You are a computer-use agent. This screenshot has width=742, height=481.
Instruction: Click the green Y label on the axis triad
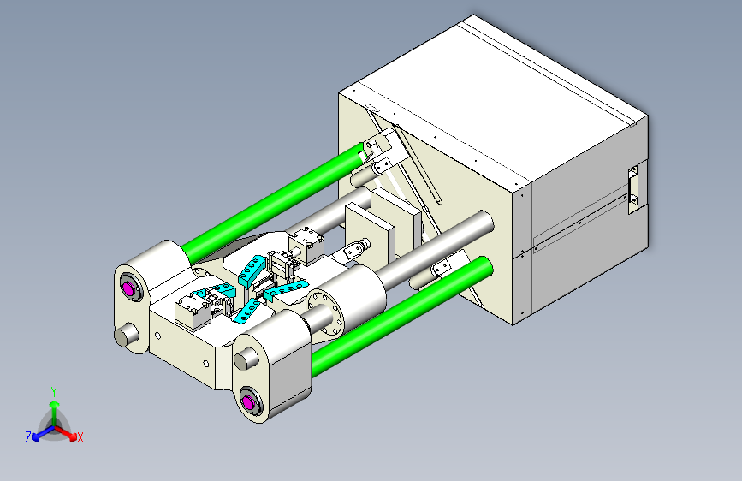pos(54,392)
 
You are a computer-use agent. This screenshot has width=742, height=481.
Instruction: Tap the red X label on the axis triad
pos(80,437)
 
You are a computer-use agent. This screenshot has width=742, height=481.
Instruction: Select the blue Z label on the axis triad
pos(28,437)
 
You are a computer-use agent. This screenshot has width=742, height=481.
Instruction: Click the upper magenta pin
pos(128,288)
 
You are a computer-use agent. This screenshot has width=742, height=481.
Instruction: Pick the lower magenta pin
pos(247,402)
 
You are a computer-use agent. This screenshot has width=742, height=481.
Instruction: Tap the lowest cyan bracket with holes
pos(247,311)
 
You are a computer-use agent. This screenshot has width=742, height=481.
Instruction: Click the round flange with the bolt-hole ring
pos(324,312)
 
